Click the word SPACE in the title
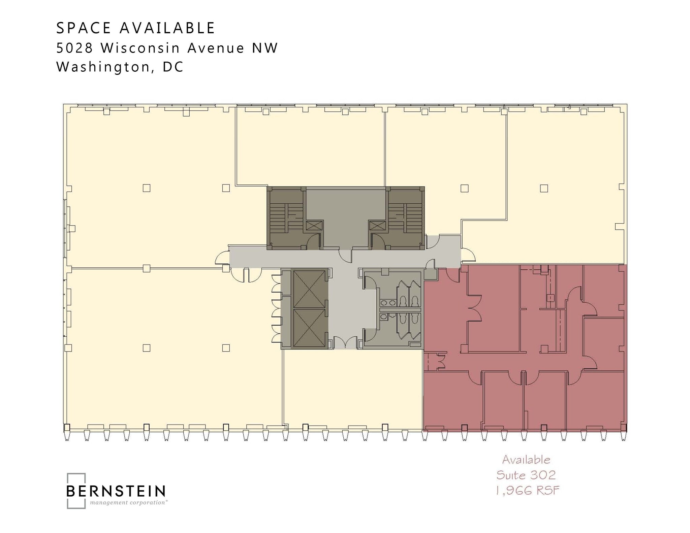click(83, 28)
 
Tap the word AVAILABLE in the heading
click(167, 28)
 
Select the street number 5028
click(74, 48)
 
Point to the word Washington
click(103, 67)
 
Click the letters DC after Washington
click(173, 67)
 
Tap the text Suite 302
click(526, 475)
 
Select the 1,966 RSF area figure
click(527, 491)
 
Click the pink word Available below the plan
click(526, 460)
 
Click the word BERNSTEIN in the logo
click(116, 491)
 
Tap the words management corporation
click(128, 502)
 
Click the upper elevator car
click(309, 289)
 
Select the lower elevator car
click(309, 328)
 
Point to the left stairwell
click(286, 218)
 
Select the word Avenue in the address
click(216, 48)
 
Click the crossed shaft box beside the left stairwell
click(314, 225)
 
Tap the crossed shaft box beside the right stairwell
click(377, 225)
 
